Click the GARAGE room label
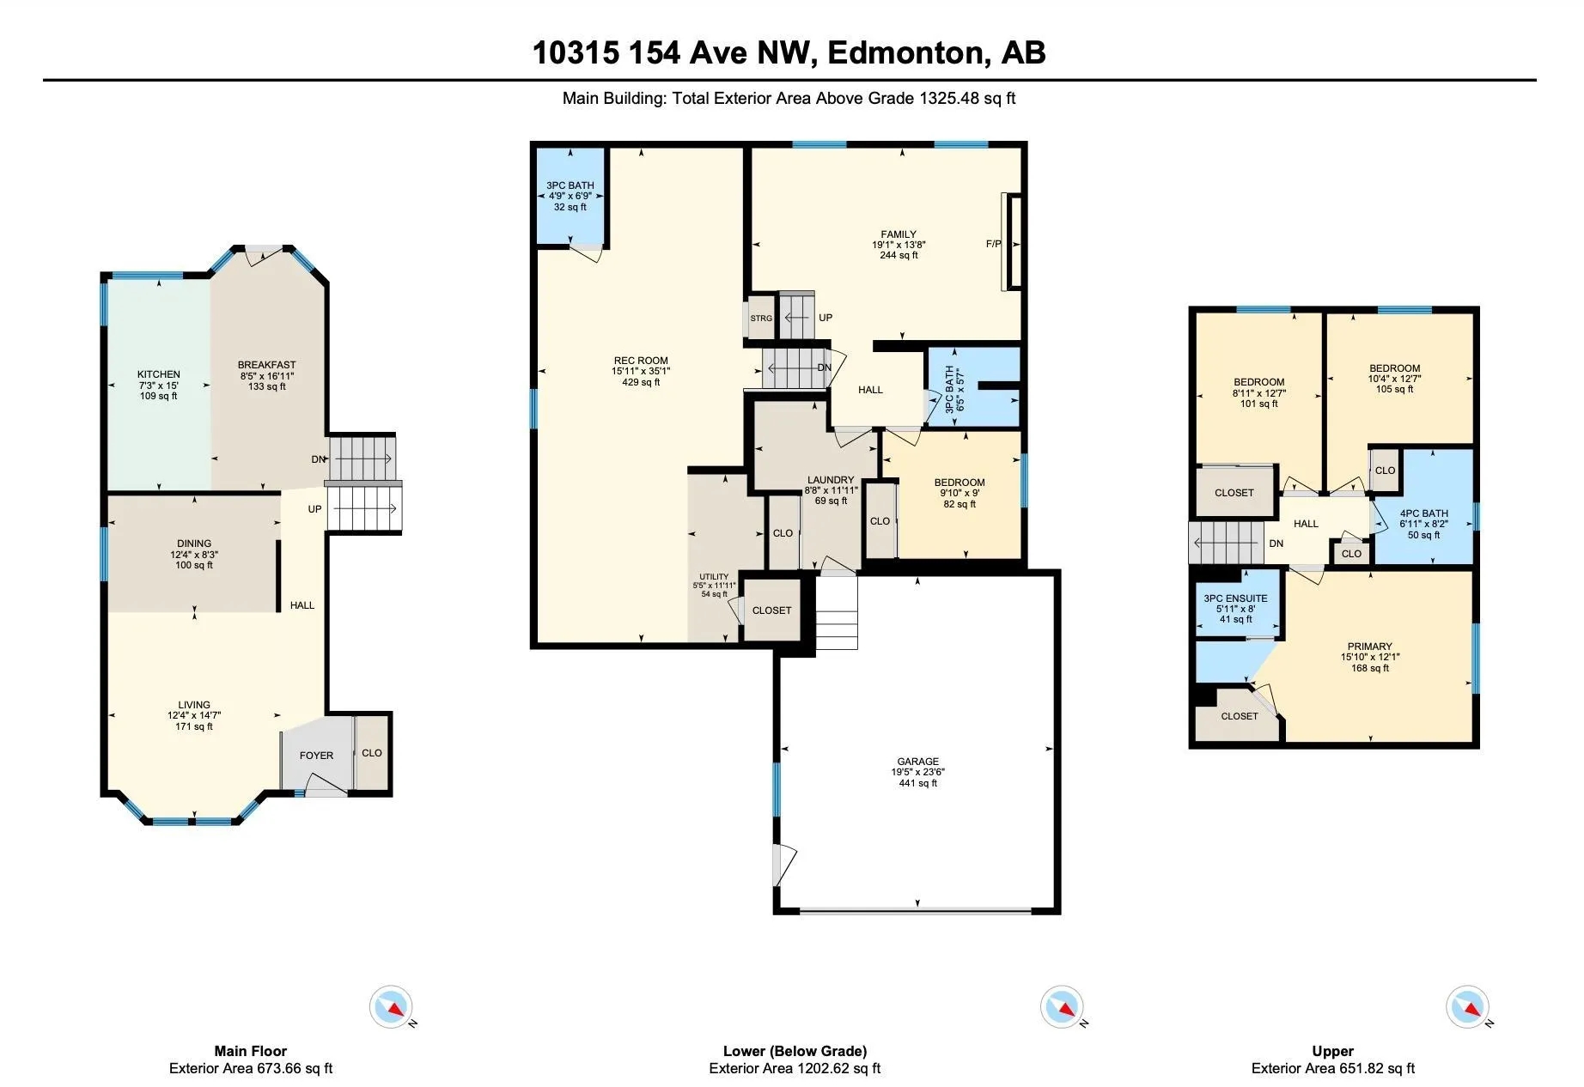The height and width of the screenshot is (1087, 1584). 917,762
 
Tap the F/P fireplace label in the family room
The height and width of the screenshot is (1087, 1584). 993,244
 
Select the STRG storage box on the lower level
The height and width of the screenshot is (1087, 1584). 761,318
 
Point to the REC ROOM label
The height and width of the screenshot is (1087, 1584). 641,361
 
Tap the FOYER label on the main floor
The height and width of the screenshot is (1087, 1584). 316,756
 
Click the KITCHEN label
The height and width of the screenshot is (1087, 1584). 159,374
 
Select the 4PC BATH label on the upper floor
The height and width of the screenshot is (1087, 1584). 1423,513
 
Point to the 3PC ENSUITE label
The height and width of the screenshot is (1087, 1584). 1235,598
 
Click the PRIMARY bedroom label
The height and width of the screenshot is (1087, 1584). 1370,647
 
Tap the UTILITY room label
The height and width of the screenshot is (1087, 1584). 714,577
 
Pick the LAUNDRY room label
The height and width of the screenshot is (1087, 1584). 831,480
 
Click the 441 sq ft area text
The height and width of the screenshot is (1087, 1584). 917,783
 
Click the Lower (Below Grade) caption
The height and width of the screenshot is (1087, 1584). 795,1051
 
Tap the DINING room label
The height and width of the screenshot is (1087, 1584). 194,543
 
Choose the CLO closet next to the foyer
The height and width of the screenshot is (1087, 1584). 372,753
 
